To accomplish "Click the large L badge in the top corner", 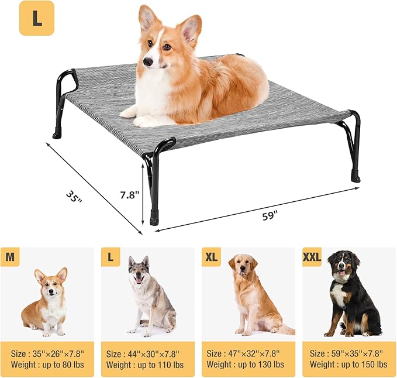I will coord(37,18).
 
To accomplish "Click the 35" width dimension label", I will coord(74,196).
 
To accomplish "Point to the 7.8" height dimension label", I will coord(129,194).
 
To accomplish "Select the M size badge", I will coord(10,257).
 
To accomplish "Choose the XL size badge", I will coord(211,257).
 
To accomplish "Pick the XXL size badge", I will coord(312,257).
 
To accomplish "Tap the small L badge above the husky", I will coord(111,257).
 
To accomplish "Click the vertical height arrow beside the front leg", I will coord(143,195).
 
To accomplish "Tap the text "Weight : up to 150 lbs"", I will coord(347,365).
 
